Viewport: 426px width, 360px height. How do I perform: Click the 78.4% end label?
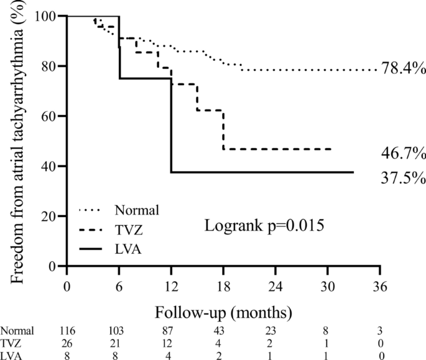point(402,70)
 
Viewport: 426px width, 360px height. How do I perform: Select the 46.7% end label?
point(402,152)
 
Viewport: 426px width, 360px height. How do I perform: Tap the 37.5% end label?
point(402,178)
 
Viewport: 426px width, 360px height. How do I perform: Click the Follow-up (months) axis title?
point(223,309)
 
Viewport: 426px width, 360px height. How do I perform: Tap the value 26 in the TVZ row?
point(67,343)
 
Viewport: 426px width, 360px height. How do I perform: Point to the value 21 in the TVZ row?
point(119,343)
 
